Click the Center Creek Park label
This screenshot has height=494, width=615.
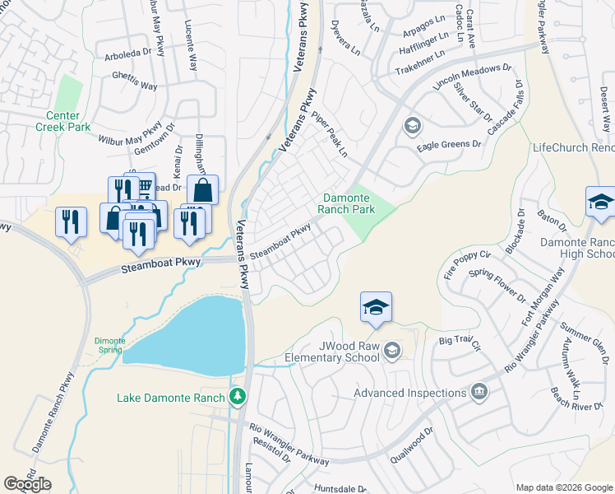point(62,122)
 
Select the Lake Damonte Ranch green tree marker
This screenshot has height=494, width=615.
point(238,397)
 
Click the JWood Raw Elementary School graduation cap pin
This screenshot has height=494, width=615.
point(376,307)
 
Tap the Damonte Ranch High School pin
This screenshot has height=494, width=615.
point(601,202)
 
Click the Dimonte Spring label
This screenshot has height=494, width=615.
point(109,345)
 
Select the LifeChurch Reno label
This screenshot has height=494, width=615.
point(573,147)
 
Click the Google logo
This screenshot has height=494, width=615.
point(27,484)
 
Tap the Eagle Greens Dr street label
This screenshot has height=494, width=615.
point(448,144)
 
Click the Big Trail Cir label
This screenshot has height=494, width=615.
point(458,339)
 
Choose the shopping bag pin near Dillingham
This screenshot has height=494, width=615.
point(202,190)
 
